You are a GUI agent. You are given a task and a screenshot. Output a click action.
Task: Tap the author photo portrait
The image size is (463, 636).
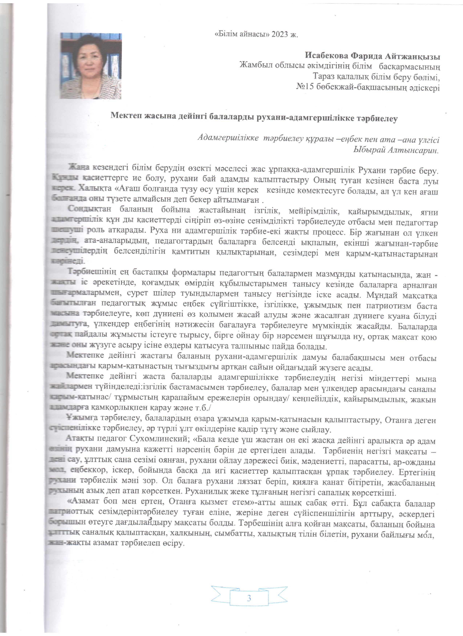click(x=91, y=66)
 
